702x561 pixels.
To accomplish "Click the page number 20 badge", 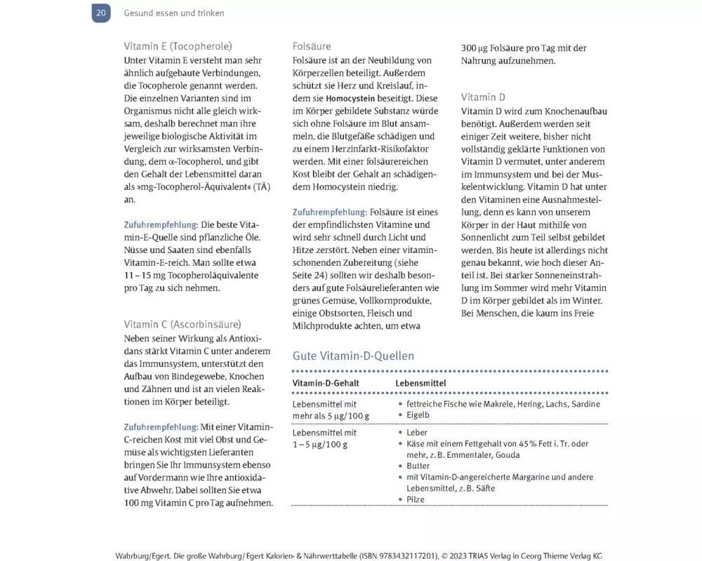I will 101,13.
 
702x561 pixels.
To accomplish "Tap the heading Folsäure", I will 312,46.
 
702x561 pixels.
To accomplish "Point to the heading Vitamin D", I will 483,97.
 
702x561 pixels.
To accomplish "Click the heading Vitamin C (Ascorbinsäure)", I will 183,324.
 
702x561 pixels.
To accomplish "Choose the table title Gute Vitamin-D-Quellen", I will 353,356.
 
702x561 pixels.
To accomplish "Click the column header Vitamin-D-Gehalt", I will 326,383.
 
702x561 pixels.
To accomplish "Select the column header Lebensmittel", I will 420,383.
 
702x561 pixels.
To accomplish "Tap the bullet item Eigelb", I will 418,415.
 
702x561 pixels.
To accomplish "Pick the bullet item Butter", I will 418,466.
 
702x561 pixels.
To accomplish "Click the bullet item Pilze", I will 416,499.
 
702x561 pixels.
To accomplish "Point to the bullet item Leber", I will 417,433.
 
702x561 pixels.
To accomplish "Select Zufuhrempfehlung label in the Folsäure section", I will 329,212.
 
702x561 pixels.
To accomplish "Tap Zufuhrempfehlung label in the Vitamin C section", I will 161,426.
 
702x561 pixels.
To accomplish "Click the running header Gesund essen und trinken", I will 174,13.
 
